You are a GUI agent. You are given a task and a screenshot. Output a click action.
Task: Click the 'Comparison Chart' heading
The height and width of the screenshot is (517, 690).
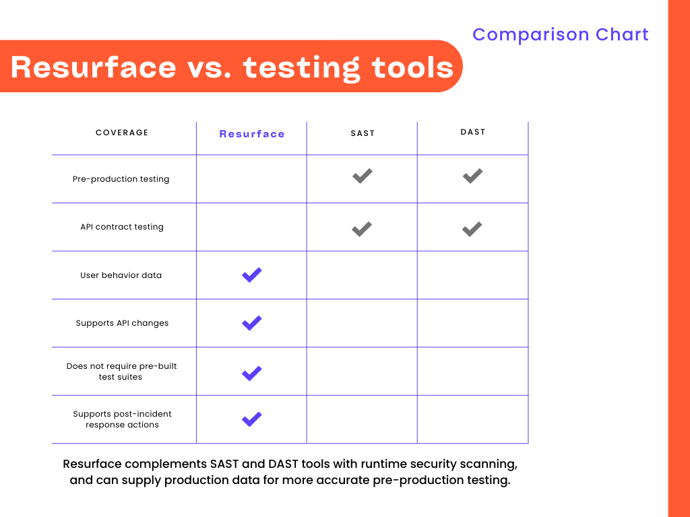tap(560, 34)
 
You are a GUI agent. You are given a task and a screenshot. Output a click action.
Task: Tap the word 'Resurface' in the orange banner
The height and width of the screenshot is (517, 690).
tap(93, 67)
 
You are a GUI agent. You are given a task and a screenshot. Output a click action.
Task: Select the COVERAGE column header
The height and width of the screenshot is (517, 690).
tap(122, 133)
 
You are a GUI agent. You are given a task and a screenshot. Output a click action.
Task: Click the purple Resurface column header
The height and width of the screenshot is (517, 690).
tap(252, 134)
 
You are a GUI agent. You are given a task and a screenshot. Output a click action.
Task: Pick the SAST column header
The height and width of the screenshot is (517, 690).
tap(363, 133)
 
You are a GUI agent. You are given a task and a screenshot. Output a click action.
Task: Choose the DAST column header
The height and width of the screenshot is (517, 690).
tap(472, 132)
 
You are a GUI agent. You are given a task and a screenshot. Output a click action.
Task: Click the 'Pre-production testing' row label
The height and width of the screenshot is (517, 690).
tap(121, 179)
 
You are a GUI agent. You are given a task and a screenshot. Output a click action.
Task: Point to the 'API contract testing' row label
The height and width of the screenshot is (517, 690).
tap(122, 227)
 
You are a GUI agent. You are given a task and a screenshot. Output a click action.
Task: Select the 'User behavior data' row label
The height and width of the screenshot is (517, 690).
tap(121, 275)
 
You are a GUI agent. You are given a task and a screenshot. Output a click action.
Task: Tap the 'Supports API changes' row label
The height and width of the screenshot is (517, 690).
tap(122, 323)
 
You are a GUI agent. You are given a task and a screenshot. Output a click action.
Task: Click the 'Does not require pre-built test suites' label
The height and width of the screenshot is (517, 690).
tap(121, 372)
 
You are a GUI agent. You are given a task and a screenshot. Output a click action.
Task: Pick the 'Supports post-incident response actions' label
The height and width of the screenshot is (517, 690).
tap(122, 419)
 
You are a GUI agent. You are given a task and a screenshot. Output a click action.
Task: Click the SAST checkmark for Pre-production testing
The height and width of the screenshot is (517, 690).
tap(363, 176)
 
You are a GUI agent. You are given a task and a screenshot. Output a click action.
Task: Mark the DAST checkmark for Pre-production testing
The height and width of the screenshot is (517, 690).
tap(472, 176)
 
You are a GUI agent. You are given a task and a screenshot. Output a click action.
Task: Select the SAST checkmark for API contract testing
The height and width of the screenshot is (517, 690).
tap(362, 229)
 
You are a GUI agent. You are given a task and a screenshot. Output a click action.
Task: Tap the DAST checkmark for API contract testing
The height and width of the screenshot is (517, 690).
tap(472, 229)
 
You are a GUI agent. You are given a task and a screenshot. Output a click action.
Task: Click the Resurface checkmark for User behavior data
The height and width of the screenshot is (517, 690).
tap(252, 275)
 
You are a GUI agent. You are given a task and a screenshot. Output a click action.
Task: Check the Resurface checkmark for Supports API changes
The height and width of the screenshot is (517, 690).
tap(252, 323)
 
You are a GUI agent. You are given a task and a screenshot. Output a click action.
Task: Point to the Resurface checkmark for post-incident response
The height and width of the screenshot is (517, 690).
tap(252, 419)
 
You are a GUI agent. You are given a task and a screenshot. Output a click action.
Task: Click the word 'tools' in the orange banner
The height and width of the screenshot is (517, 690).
tap(412, 67)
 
